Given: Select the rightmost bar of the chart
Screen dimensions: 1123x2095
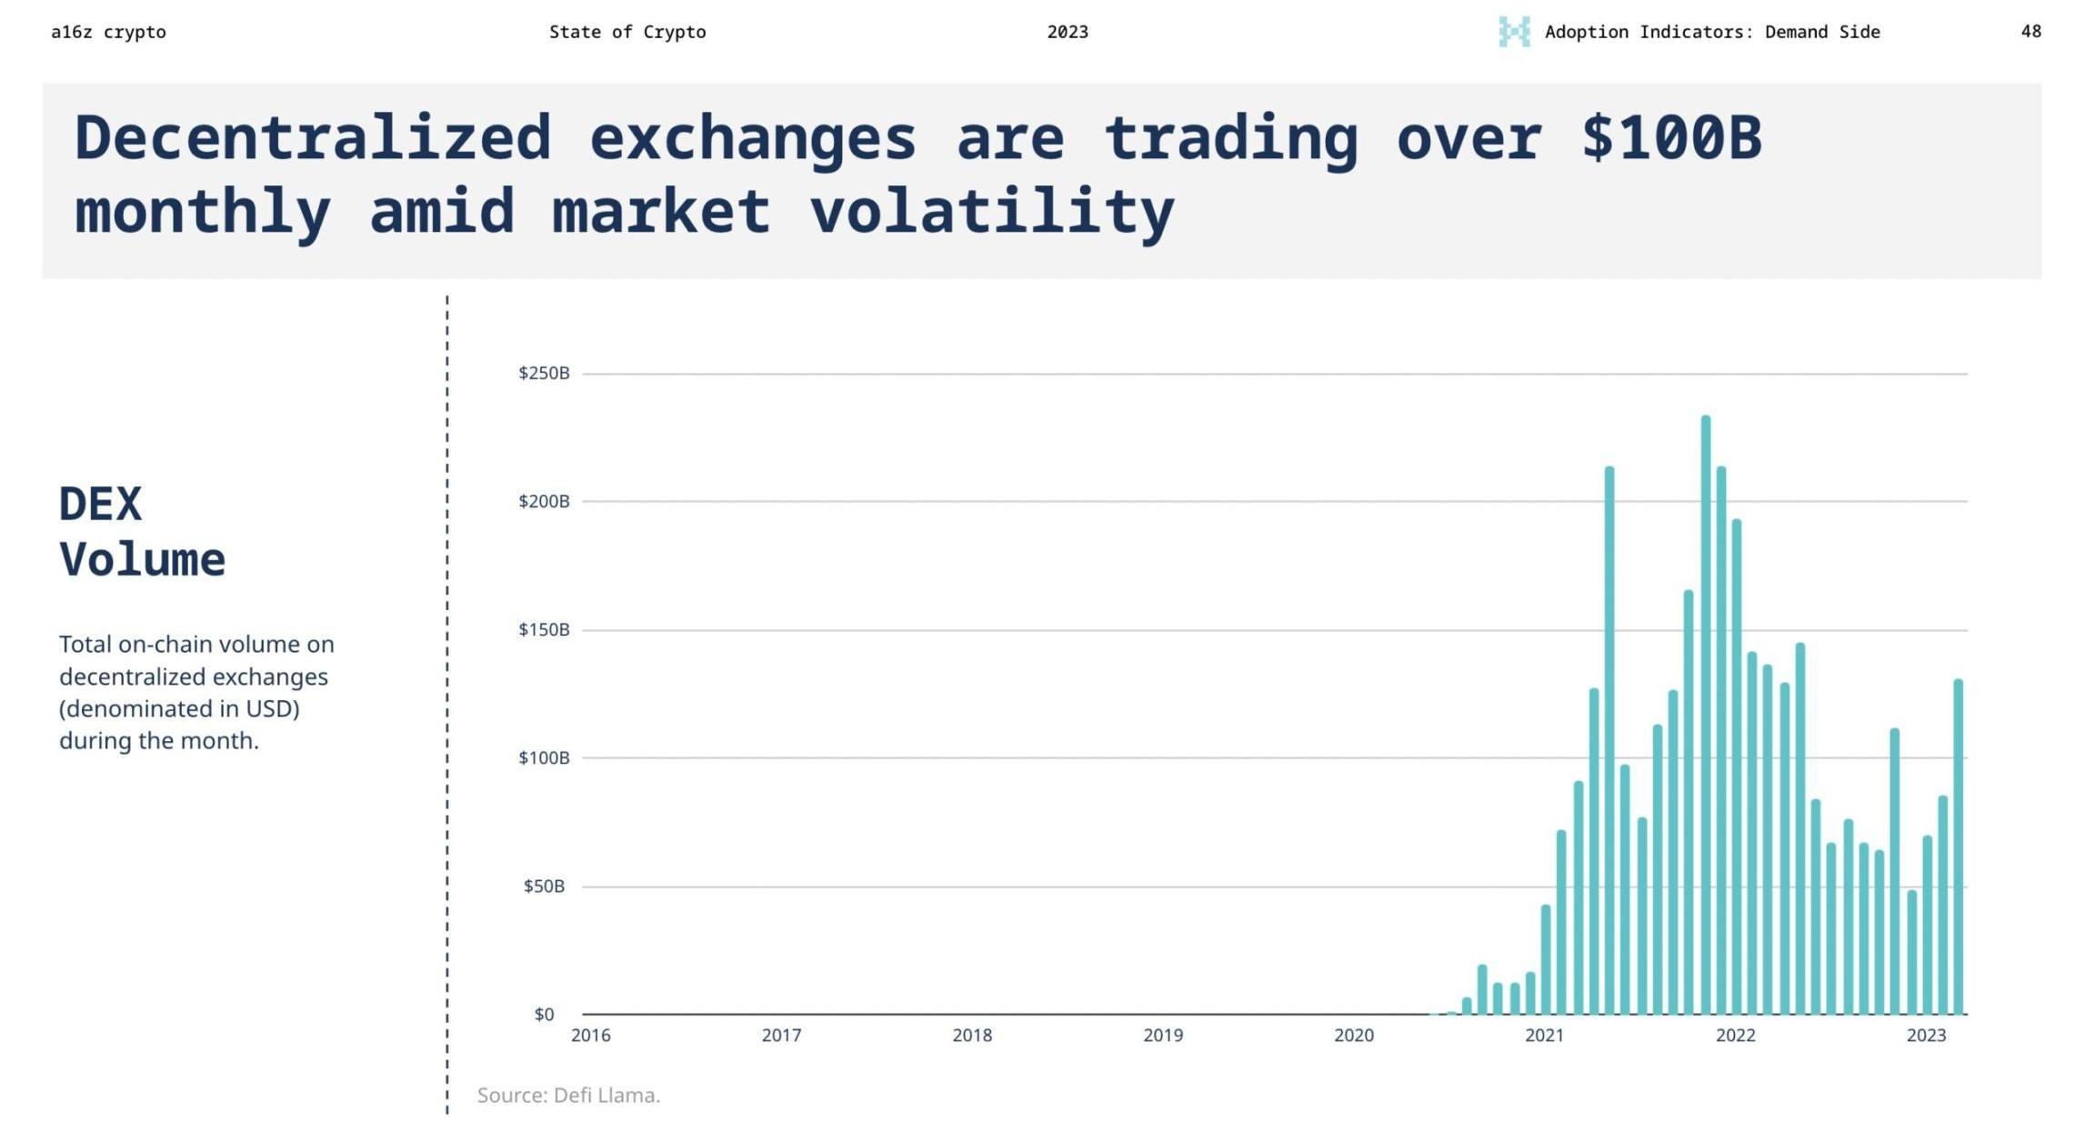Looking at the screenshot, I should tap(1958, 847).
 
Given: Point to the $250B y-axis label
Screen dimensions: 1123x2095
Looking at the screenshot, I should tap(544, 373).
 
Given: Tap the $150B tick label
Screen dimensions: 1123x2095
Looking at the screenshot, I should tap(544, 629).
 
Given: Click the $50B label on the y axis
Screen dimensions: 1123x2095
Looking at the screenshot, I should tap(544, 886).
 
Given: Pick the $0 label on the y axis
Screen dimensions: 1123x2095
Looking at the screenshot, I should tap(544, 1014).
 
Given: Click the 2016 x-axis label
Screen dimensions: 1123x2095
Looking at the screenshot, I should tap(591, 1035).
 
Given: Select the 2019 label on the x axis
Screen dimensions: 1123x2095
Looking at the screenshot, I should tap(1163, 1035).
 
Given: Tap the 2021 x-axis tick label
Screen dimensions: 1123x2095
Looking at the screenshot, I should tap(1544, 1035).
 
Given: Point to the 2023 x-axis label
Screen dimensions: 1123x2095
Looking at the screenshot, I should tap(1926, 1035).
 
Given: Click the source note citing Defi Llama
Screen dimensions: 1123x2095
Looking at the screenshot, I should tap(568, 1095).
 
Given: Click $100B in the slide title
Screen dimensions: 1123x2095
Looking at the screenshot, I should tap(1671, 138).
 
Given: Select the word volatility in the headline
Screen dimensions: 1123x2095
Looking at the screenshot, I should tap(992, 212).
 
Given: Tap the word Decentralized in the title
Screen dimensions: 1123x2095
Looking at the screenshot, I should tap(313, 138).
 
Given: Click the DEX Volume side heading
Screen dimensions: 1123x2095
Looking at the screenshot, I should tap(142, 531).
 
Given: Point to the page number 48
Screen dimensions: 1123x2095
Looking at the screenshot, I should tap(2030, 32).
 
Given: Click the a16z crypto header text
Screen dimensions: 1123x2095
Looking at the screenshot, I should tap(108, 32).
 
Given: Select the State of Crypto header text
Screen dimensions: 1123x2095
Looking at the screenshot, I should tap(627, 32).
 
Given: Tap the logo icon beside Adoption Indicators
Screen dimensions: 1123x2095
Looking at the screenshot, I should tap(1514, 32).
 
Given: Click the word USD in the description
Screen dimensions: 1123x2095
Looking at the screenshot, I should tap(269, 708).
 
